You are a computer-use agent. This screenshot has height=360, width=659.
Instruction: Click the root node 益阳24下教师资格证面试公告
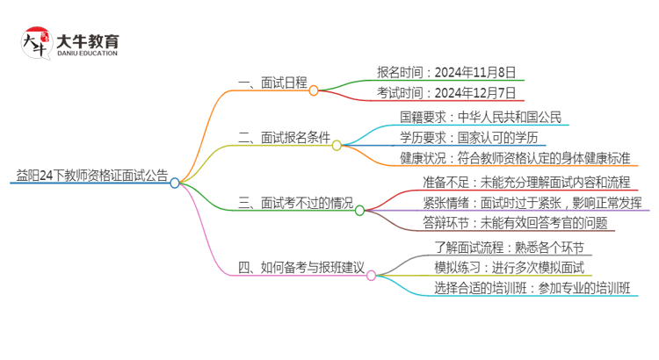[x=92, y=176]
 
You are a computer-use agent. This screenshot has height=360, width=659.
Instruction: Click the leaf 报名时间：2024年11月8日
[x=445, y=72]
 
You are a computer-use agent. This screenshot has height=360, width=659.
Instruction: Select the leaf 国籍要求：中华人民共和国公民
[x=481, y=117]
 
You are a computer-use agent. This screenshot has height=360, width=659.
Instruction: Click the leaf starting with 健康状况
[x=514, y=159]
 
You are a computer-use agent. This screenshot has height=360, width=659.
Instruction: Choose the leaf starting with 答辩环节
[x=514, y=223]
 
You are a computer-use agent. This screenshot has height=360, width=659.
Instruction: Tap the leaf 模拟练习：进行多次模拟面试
[x=509, y=267]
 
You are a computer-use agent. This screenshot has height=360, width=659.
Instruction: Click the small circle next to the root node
[x=175, y=183]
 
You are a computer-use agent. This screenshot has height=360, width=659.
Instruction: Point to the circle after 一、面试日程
[x=314, y=90]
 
